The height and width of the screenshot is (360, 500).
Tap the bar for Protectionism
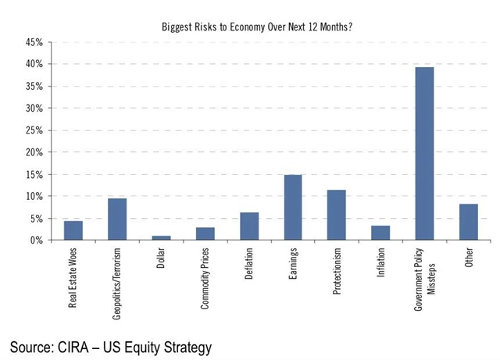(x=337, y=215)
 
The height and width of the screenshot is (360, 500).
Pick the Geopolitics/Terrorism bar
(x=117, y=219)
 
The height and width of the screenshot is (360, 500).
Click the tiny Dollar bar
(x=161, y=237)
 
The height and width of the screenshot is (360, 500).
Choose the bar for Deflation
(x=249, y=226)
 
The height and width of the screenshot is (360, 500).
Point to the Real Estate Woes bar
(x=73, y=230)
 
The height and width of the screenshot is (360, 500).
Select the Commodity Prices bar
(x=205, y=233)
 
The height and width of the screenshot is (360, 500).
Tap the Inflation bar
(x=380, y=233)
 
